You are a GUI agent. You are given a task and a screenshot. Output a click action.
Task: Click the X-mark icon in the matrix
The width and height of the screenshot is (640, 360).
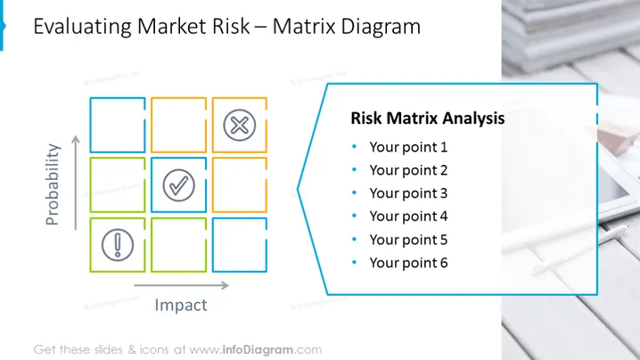click(x=240, y=125)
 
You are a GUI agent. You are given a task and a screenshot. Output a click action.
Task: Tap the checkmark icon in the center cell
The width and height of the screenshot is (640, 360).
click(x=179, y=185)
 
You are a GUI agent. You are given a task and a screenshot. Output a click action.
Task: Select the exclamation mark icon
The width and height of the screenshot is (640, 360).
click(x=118, y=245)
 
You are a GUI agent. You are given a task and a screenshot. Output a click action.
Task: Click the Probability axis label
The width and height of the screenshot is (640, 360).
click(x=53, y=184)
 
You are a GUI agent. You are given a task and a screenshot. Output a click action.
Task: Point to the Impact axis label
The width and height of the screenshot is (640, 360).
click(x=181, y=306)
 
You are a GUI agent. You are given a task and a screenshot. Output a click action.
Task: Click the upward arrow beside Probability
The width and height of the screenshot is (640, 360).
click(x=76, y=183)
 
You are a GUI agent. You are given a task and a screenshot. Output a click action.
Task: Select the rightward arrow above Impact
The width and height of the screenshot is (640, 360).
click(x=182, y=285)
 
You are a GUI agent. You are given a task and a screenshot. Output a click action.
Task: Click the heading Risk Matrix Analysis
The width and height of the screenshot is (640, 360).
click(x=428, y=119)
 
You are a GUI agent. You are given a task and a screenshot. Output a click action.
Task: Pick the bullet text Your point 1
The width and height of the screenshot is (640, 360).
click(x=408, y=147)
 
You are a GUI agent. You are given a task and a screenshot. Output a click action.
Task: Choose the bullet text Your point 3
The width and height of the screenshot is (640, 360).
click(x=408, y=193)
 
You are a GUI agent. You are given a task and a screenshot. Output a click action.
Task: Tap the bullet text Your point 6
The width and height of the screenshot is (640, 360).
click(x=408, y=263)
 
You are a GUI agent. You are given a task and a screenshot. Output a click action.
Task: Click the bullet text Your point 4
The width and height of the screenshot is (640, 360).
click(x=408, y=217)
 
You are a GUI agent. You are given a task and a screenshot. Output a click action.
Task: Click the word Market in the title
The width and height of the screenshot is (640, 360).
click(x=172, y=27)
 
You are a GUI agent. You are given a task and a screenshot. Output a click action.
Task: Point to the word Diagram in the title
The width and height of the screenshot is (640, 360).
click(x=381, y=28)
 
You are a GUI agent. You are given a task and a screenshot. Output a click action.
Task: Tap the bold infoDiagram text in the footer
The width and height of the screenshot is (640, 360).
click(x=258, y=350)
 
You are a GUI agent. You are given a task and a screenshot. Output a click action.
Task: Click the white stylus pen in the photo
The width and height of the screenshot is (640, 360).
click(x=579, y=250)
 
